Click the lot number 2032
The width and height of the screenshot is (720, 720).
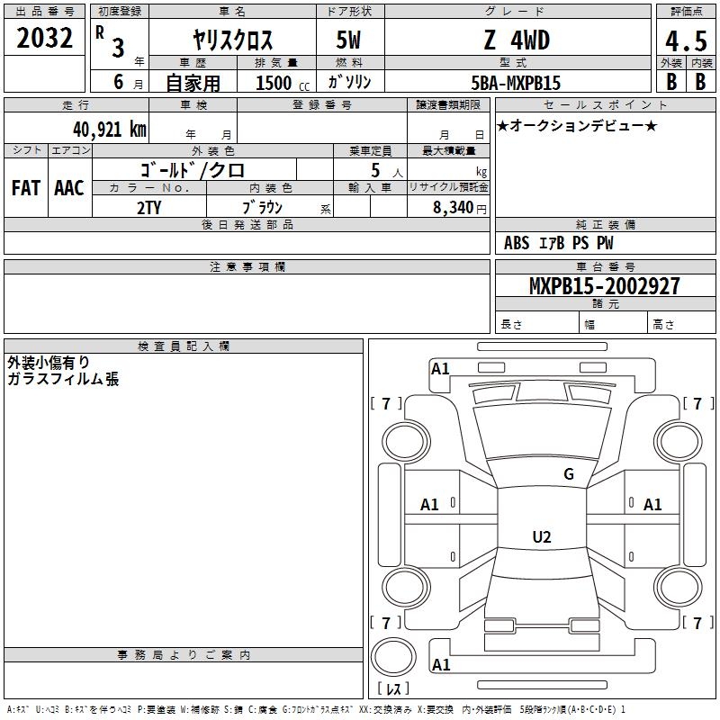point(44,38)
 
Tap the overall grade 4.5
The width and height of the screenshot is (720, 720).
point(686,41)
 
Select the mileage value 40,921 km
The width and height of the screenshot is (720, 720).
point(109,130)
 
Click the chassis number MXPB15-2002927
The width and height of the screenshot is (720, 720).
point(604,285)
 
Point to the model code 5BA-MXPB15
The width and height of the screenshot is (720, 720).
point(516,83)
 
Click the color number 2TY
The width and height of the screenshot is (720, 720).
point(148,208)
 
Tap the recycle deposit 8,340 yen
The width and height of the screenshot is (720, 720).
point(460,208)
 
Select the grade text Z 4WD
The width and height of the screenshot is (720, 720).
point(517,40)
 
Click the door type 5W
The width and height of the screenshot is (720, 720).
point(348,40)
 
